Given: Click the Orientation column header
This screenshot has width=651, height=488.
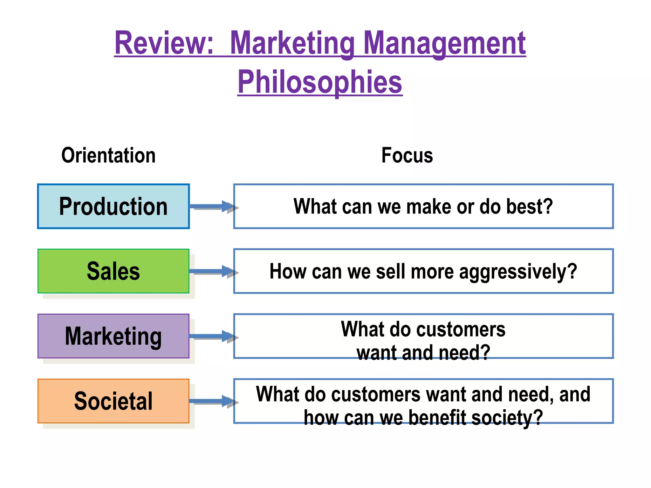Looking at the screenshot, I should tap(108, 155).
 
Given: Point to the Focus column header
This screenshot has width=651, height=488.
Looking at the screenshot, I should tap(407, 155).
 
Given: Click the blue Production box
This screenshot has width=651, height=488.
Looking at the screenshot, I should tap(113, 207).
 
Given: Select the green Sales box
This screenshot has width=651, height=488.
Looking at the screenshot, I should tap(113, 271).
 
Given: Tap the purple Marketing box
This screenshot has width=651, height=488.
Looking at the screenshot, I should tap(113, 336).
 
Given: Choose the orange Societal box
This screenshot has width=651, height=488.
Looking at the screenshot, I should tap(113, 401).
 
